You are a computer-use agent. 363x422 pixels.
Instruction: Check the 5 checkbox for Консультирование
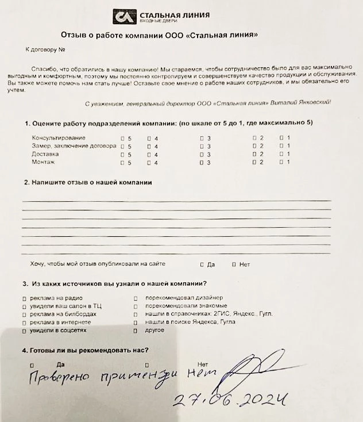pos(122,138)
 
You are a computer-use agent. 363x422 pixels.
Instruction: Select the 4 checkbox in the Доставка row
pos(149,155)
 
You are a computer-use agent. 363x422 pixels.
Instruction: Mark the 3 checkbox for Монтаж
pos(202,163)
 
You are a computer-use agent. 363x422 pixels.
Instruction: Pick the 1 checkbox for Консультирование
pos(281,138)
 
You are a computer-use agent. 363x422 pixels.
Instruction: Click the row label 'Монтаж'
pos(44,163)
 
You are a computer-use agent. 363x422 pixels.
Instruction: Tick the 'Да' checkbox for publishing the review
pos(202,264)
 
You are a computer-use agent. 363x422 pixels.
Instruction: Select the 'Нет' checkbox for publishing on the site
pos(233,264)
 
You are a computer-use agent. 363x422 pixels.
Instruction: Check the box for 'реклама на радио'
pos(24,298)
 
